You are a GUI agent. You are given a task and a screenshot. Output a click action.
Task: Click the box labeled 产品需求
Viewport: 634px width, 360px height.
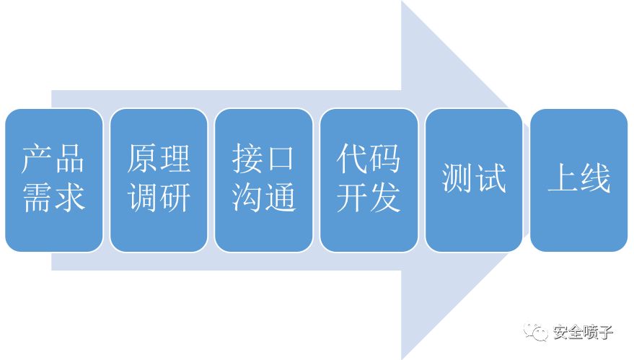click(53, 180)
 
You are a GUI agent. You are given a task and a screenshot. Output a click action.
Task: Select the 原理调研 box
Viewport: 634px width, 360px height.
click(159, 180)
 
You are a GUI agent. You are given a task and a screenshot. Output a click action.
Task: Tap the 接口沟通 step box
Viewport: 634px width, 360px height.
click(264, 180)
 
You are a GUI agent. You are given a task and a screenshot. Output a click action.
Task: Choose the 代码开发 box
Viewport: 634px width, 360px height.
click(369, 180)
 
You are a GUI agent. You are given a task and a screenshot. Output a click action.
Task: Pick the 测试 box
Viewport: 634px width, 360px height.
click(474, 180)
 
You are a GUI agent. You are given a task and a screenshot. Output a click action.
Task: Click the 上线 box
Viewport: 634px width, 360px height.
click(579, 180)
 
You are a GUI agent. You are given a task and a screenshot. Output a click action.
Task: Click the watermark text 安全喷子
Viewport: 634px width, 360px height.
click(584, 333)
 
